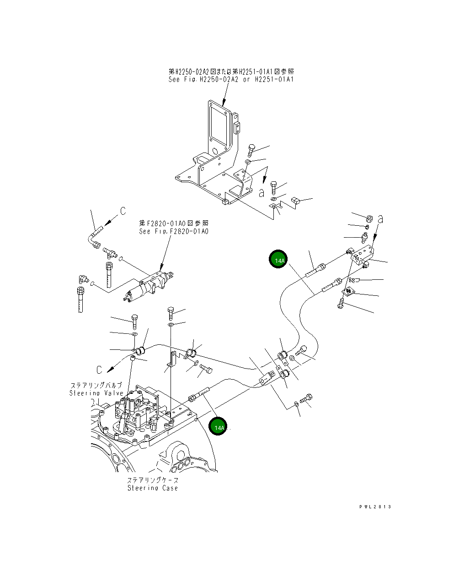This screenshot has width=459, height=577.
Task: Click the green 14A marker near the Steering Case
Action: coord(219,427)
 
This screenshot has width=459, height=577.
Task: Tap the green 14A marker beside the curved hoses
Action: coord(278,260)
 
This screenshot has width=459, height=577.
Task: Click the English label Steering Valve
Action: coord(96,393)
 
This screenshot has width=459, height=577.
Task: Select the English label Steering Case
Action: coord(152,488)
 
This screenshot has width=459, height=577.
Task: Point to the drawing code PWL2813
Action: coord(375,506)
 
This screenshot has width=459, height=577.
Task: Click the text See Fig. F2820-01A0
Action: coord(173,232)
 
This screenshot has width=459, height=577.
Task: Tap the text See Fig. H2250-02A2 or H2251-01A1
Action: coord(231,79)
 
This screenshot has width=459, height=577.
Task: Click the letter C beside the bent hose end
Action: coord(123,211)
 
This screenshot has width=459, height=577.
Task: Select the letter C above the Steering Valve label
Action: coord(99,369)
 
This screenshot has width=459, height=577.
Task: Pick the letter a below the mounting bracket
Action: coord(261,193)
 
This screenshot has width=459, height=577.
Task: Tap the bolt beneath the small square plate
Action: coord(341,303)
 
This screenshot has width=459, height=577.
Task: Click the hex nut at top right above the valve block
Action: coord(369,217)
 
